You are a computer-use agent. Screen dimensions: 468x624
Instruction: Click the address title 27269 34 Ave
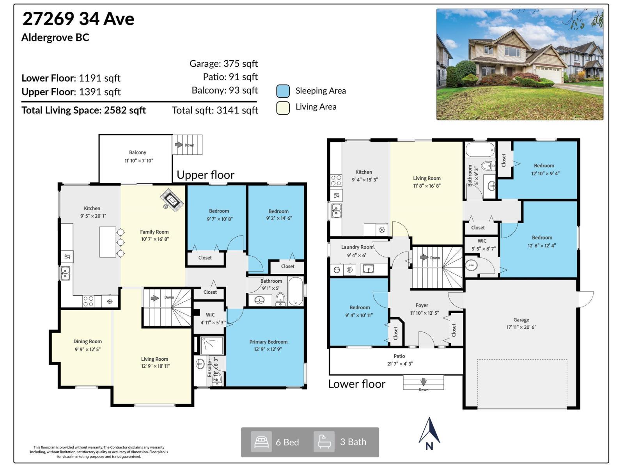[78, 19]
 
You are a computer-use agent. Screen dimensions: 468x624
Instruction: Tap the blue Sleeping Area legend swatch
[283, 91]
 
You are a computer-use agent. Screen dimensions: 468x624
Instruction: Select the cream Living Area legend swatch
[283, 108]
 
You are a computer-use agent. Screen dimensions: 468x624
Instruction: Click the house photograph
[519, 64]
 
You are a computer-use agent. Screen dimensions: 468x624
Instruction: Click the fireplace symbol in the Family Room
[172, 200]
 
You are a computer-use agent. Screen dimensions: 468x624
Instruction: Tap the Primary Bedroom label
[268, 342]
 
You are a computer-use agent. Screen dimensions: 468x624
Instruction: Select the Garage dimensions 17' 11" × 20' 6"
[521, 327]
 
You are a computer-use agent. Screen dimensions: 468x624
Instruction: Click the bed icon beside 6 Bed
[261, 442]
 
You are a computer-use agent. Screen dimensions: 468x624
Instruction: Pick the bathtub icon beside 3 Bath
[324, 442]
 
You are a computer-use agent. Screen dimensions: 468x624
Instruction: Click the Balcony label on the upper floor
[138, 152]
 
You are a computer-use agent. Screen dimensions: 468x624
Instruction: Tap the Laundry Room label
[357, 247]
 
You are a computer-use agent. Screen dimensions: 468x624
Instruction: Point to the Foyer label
[422, 305]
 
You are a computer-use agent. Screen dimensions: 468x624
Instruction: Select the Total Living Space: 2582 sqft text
[83, 110]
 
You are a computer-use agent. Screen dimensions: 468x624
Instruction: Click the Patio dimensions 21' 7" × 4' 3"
[399, 363]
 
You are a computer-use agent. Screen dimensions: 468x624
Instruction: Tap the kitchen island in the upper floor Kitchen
[108, 242]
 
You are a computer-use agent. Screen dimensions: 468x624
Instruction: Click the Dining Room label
[87, 341]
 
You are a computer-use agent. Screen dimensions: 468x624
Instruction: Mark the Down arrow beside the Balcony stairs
[179, 145]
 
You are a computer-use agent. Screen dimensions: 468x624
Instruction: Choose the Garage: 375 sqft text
[223, 64]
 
